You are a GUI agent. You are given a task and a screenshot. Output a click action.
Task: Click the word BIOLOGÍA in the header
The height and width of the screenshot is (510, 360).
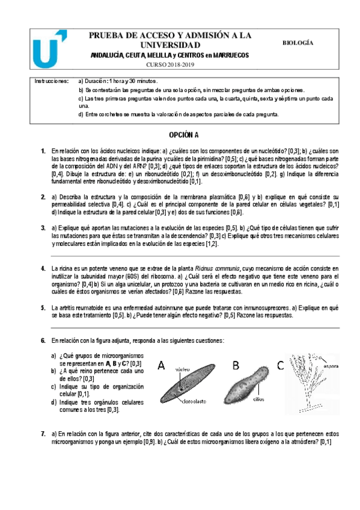click(297, 43)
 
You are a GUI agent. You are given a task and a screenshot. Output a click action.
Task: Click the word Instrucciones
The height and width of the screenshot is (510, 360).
click(52, 81)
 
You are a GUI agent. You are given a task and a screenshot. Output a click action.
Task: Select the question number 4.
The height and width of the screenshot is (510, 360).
click(43, 268)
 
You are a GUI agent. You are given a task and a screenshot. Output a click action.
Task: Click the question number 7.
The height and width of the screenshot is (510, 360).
click(43, 433)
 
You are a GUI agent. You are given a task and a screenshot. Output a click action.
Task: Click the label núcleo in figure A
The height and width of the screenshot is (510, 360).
click(182, 370)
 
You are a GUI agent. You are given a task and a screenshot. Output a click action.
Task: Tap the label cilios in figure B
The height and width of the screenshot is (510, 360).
click(258, 398)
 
